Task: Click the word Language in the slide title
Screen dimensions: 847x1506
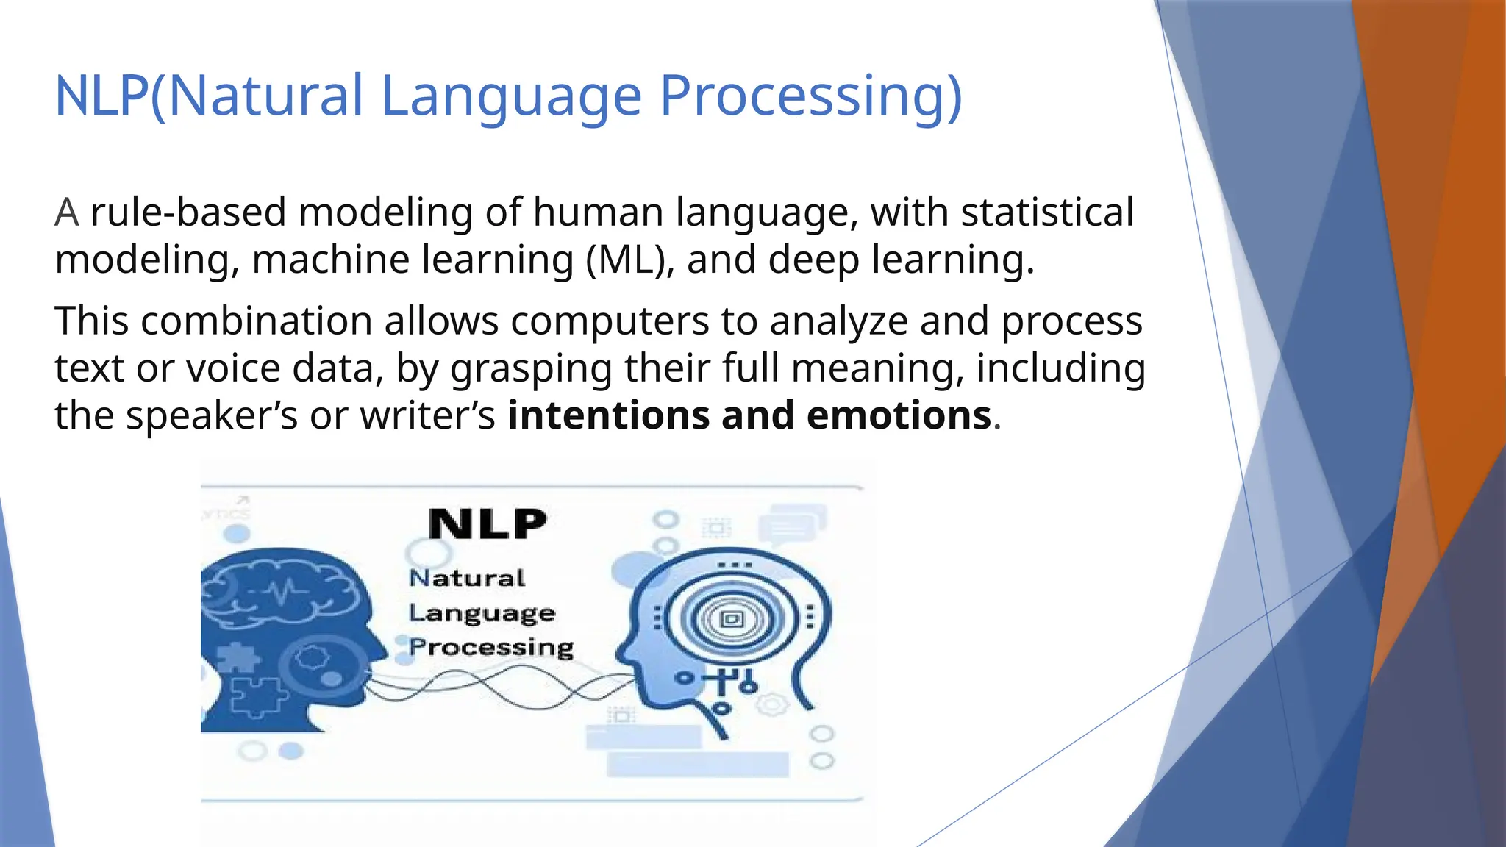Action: click(x=512, y=97)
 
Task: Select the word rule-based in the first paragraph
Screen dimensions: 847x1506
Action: click(x=188, y=212)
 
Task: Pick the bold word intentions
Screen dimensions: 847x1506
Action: click(x=607, y=415)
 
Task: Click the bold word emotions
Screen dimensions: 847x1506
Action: click(x=899, y=415)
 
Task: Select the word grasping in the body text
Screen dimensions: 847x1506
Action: click(x=530, y=369)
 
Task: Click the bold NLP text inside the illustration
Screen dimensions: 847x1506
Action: click(x=488, y=524)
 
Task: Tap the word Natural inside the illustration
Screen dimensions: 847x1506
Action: click(x=467, y=579)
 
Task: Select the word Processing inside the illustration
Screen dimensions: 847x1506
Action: click(x=491, y=647)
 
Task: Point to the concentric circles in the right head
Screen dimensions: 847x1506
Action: click(x=732, y=619)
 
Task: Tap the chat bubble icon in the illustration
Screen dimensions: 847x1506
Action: click(x=791, y=524)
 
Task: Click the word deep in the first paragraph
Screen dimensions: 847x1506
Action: click(x=813, y=260)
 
